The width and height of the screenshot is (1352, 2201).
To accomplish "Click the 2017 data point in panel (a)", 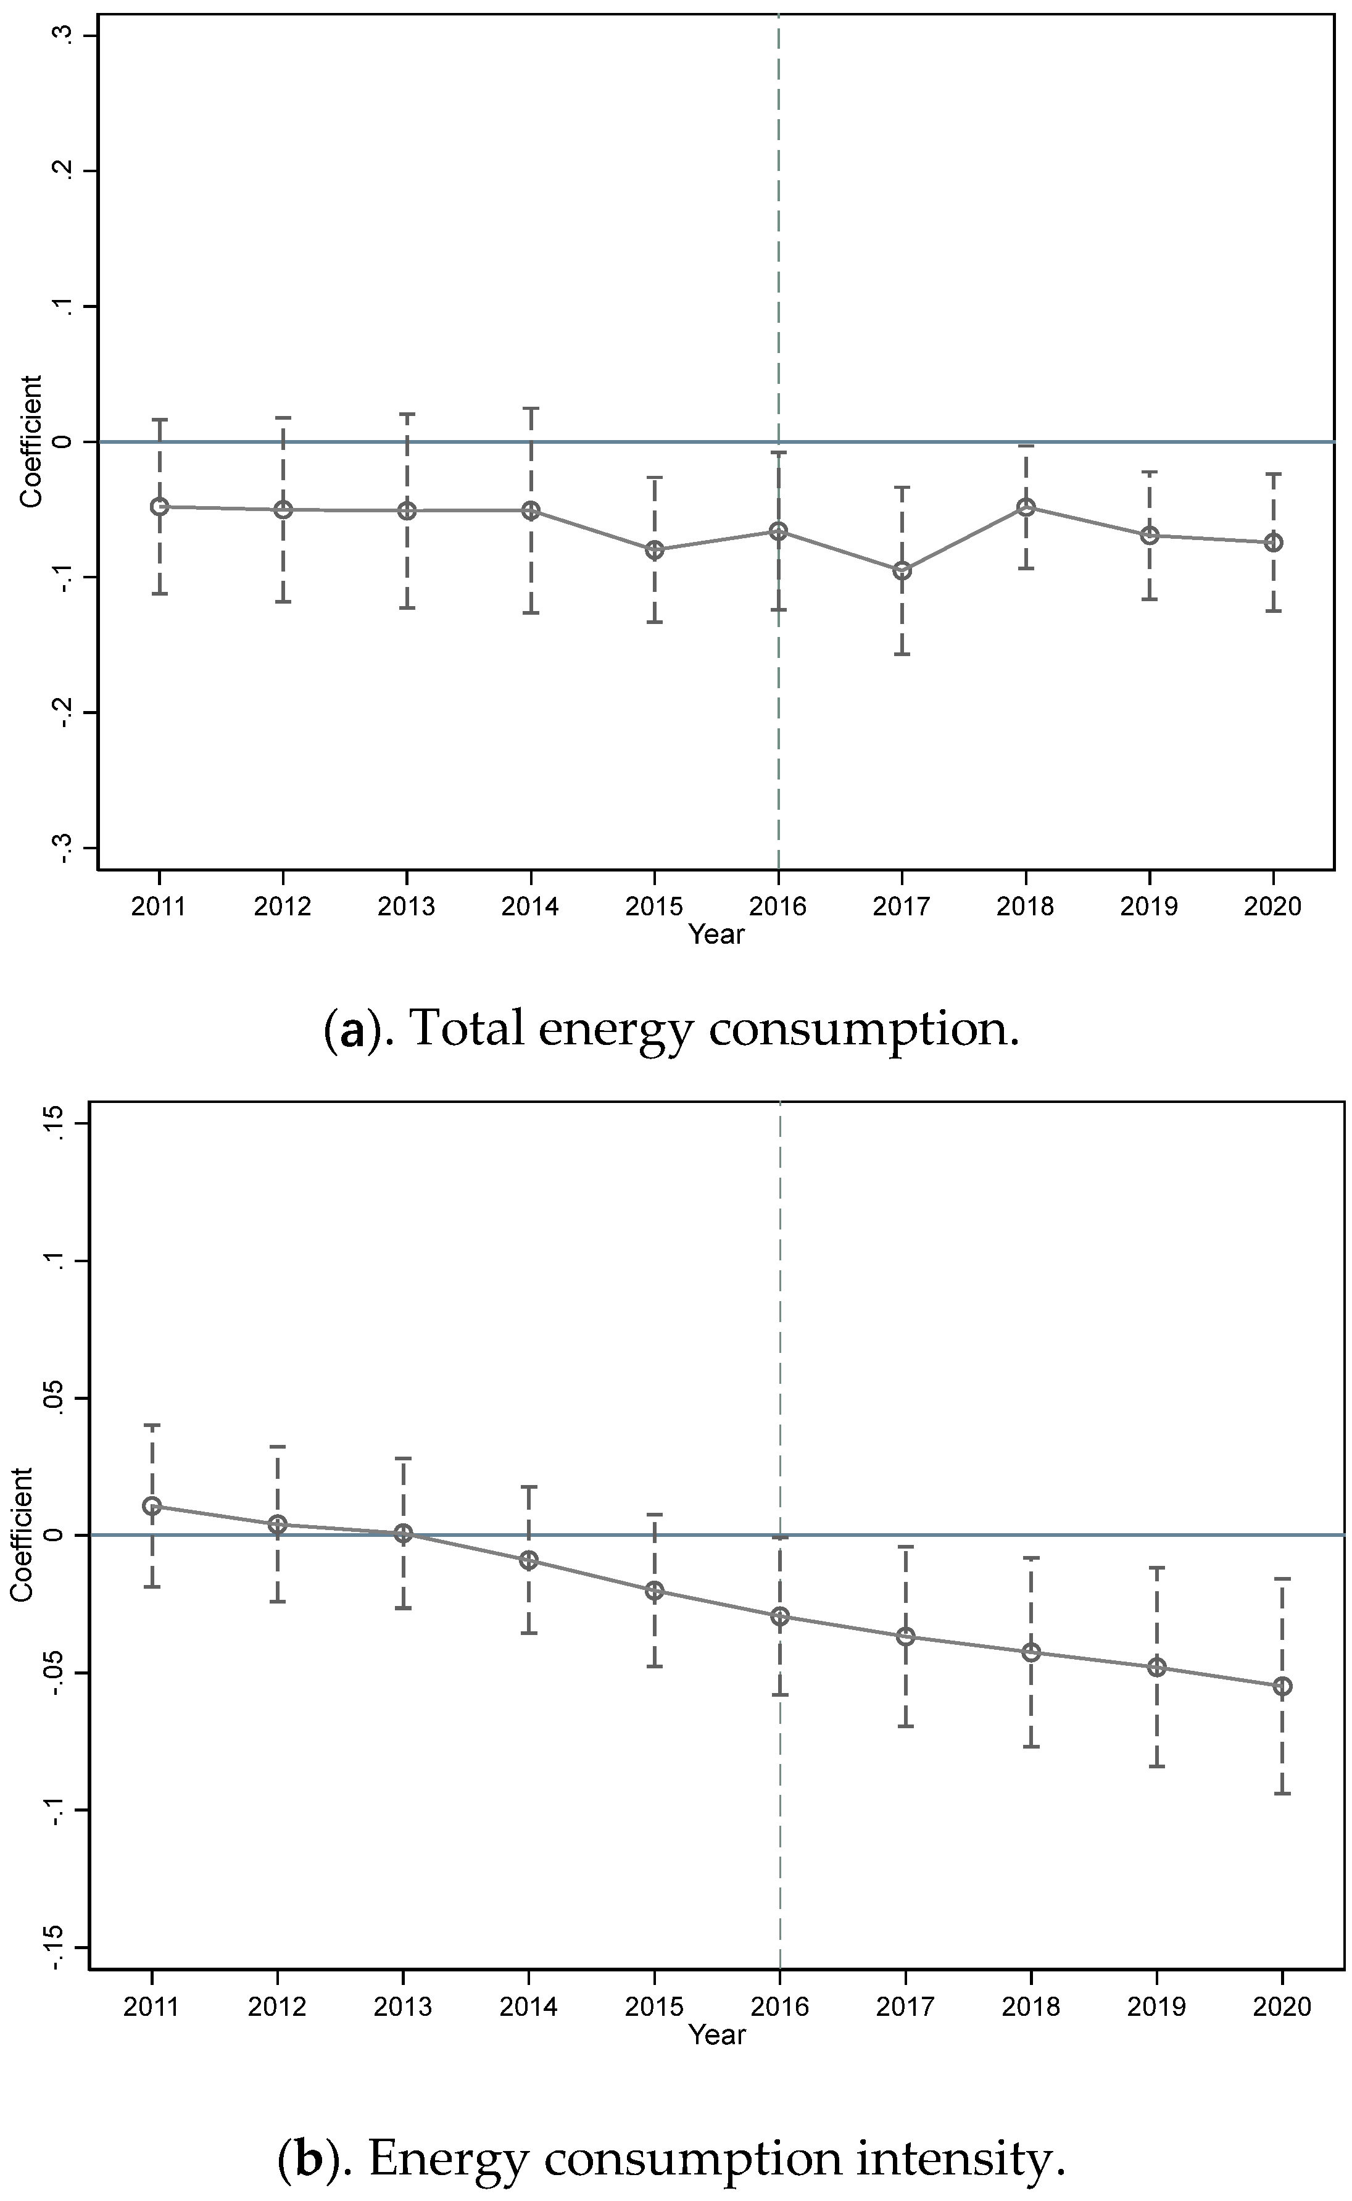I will (902, 570).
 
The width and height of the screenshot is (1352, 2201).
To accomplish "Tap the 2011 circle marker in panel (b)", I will (152, 1506).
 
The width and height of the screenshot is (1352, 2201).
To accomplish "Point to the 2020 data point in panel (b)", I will (1282, 1686).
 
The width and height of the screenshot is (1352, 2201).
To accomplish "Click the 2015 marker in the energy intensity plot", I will (655, 1590).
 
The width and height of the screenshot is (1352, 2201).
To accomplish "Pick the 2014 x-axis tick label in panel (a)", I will (529, 907).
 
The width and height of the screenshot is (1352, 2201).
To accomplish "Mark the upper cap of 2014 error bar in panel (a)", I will (530, 408).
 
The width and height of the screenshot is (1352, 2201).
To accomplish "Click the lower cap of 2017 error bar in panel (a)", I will (902, 655).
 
